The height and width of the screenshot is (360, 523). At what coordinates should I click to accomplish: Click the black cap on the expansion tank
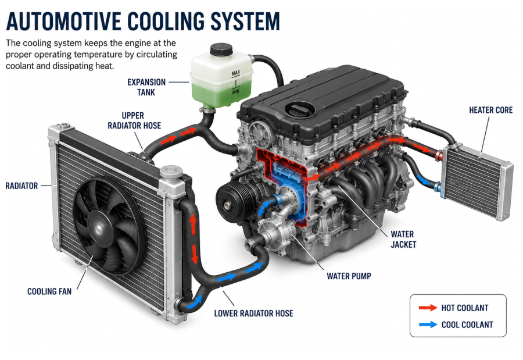221,50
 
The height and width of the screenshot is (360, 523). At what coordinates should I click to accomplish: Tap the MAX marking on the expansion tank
236,73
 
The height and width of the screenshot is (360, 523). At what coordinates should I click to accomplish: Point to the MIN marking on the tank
236,91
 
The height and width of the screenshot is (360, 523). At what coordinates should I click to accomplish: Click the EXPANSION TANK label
146,87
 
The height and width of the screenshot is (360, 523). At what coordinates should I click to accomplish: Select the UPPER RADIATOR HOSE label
134,120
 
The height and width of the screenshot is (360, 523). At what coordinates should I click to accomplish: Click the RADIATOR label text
22,186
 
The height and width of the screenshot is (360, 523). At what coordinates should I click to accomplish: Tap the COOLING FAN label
49,291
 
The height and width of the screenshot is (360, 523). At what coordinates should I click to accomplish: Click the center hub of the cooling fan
99,228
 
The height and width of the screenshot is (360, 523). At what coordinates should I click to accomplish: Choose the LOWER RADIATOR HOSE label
253,313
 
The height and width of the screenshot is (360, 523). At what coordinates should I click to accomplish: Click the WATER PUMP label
349,276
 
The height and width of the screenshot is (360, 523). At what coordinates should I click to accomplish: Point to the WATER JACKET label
403,240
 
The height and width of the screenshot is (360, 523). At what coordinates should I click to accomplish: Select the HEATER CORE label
490,110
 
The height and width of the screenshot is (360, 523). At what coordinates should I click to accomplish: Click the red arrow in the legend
428,308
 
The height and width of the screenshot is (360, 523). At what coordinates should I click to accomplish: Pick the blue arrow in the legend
428,325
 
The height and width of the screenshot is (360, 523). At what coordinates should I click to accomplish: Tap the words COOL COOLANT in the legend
467,325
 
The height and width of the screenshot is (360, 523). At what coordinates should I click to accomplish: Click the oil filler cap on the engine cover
299,110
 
